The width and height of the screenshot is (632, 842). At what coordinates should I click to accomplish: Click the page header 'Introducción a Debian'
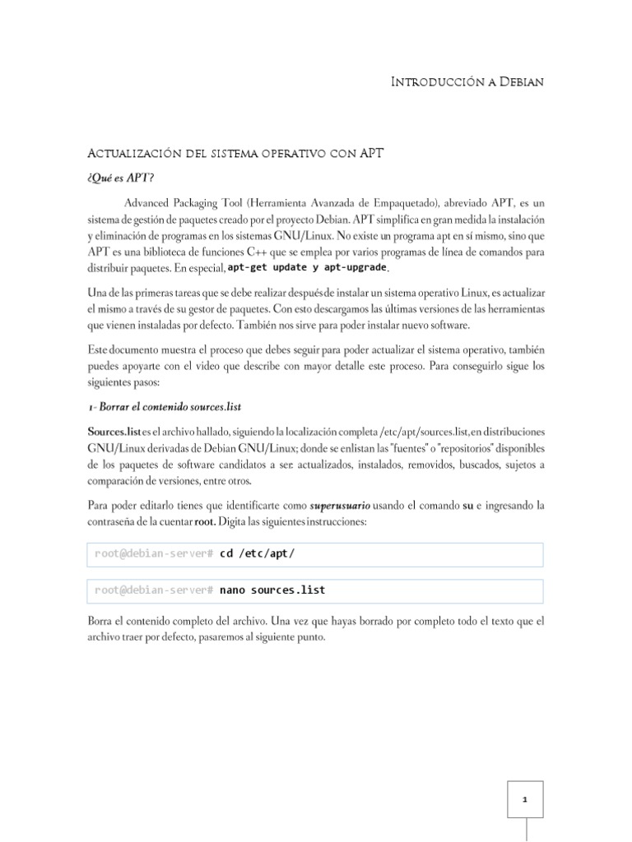(x=467, y=82)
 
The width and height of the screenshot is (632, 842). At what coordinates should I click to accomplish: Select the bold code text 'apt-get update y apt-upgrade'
(x=306, y=268)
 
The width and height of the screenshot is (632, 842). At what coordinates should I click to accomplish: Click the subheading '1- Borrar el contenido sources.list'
(x=164, y=407)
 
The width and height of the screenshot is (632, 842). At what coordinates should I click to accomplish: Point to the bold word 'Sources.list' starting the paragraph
(x=114, y=432)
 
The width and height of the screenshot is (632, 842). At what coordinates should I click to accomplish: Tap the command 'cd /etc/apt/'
(x=257, y=554)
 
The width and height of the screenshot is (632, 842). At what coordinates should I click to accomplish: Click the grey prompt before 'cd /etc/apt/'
(x=155, y=554)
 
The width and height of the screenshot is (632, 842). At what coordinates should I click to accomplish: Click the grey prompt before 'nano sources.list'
(x=155, y=590)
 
